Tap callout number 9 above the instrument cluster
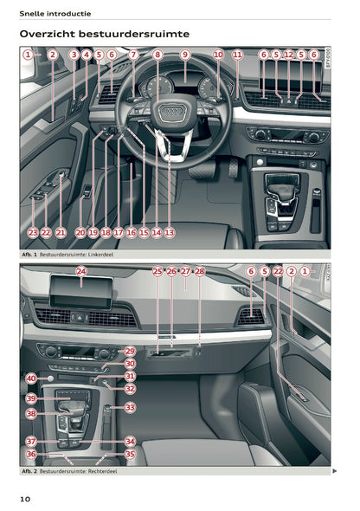point(184,55)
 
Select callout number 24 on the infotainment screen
point(81,272)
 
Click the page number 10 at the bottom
point(26,498)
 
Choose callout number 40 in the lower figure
point(31,378)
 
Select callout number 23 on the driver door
point(32,232)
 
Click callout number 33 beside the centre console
point(130,407)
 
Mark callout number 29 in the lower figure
point(130,351)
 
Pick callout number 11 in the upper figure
point(237,55)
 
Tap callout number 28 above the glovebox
point(200,272)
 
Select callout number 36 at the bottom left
point(31,454)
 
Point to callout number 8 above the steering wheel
point(157,55)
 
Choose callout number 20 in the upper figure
point(80,232)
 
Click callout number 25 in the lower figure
point(157,272)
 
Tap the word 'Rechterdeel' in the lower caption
point(101,471)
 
